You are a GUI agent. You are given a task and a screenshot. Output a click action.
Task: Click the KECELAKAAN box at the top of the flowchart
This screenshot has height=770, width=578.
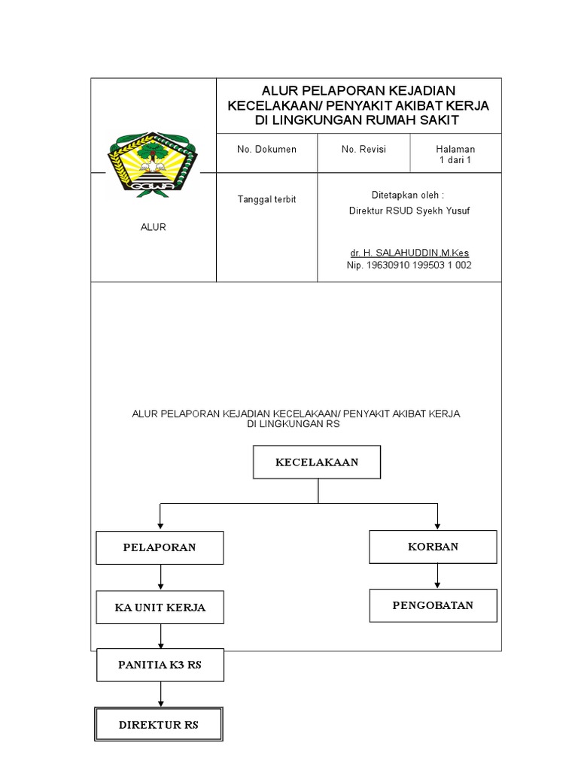click(x=317, y=462)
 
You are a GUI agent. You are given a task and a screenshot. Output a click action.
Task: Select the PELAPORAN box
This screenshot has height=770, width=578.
click(x=160, y=547)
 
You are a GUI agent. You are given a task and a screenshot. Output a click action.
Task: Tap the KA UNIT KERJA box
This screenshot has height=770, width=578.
click(x=160, y=608)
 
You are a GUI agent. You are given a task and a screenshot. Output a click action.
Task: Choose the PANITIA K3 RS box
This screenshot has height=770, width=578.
click(x=160, y=665)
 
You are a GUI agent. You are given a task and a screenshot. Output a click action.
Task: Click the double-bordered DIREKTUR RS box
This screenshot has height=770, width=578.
click(x=159, y=725)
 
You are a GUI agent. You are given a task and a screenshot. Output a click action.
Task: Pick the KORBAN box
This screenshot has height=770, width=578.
click(x=433, y=547)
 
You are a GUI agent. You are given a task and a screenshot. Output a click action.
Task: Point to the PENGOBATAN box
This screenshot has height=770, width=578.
click(x=433, y=605)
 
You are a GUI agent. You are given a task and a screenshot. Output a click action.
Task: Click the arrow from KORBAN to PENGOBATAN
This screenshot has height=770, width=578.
click(x=438, y=576)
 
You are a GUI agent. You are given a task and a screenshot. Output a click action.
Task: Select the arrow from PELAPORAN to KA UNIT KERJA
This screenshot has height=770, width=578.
click(x=160, y=577)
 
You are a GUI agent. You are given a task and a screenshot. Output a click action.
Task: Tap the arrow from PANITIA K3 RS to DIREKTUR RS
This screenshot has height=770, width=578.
click(x=160, y=693)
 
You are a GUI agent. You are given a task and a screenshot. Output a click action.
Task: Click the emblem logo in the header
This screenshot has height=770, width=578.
click(x=153, y=163)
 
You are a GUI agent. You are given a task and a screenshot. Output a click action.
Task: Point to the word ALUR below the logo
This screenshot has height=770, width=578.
click(x=153, y=227)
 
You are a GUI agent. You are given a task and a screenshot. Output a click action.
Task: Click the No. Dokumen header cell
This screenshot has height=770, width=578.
click(x=266, y=150)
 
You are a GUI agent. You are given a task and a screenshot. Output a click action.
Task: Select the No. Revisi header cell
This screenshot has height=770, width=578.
click(x=364, y=150)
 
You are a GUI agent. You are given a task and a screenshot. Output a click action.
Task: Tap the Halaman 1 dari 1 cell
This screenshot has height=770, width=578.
click(x=455, y=154)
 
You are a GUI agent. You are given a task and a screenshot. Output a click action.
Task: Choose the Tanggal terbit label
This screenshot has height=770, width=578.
click(x=266, y=199)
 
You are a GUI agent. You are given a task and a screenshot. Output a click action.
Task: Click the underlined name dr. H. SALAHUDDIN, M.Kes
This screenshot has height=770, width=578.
click(x=409, y=253)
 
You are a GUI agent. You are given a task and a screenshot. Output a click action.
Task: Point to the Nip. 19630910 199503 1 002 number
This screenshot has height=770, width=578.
click(x=409, y=265)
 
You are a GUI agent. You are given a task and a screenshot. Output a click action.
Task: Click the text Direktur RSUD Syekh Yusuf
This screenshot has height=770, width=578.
click(x=409, y=211)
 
